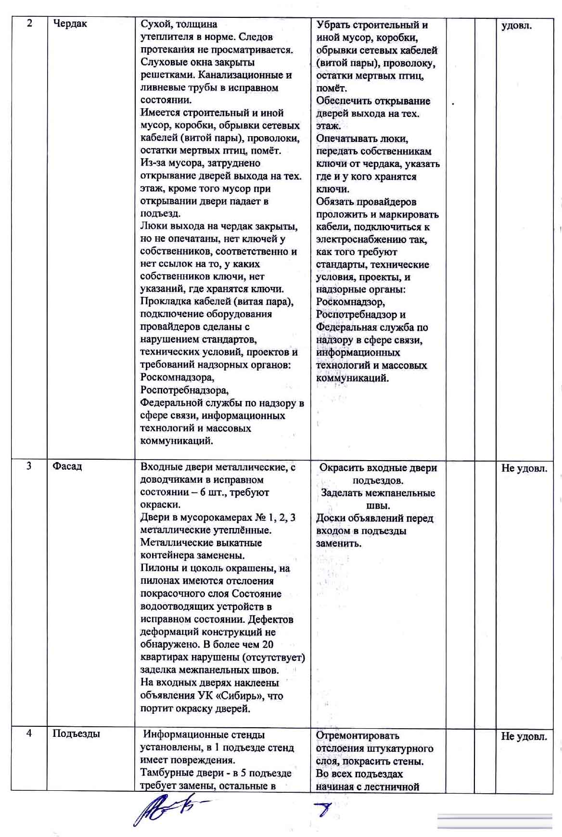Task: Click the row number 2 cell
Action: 29,24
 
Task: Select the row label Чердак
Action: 70,24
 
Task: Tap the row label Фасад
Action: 67,466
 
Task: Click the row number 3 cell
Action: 29,466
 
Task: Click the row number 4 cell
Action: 29,734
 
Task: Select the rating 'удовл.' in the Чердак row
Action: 516,26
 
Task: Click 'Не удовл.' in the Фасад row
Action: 524,468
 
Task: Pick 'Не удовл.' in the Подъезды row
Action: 524,736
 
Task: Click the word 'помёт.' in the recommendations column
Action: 331,88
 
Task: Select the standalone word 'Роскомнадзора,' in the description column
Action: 177,377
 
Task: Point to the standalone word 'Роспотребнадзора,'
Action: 184,390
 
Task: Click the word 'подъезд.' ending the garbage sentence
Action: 160,213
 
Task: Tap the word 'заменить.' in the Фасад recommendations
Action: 338,543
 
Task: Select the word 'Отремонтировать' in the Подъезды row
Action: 358,735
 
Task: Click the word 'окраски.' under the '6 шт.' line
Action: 160,505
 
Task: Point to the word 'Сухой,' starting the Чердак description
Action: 156,24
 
